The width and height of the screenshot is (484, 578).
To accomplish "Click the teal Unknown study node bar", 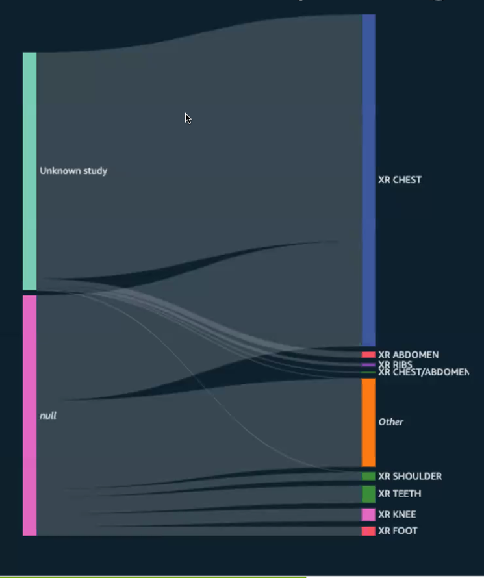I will click(29, 171).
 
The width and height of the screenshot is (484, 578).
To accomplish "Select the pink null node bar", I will click(29, 416).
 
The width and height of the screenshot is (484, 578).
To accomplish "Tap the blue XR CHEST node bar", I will click(368, 180).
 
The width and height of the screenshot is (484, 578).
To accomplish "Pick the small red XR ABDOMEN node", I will click(368, 355).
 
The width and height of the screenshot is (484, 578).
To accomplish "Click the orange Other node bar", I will click(368, 422).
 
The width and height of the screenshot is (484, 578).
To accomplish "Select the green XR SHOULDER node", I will click(368, 476).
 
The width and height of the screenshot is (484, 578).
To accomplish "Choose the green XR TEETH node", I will click(368, 494).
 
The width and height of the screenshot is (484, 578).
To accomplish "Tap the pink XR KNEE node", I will click(368, 514).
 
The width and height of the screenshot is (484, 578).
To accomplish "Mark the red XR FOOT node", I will click(368, 531).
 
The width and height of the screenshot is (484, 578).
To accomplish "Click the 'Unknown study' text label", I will click(73, 171).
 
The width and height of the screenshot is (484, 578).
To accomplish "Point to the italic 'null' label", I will click(47, 416).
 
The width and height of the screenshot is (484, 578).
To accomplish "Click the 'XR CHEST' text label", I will click(400, 180).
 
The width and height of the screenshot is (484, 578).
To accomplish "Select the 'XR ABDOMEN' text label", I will click(408, 355).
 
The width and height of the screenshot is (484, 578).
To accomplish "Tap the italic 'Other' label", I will click(391, 422).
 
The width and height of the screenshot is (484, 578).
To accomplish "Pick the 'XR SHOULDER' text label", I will click(410, 476).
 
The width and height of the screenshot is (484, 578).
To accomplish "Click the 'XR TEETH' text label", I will click(400, 494).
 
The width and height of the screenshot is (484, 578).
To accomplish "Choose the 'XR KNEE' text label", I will click(397, 514).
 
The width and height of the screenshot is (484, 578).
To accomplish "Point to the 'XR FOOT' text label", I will click(398, 531).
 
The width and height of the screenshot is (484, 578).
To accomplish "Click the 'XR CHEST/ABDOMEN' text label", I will click(423, 373).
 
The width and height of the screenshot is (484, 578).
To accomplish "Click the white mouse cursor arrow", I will click(188, 118).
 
